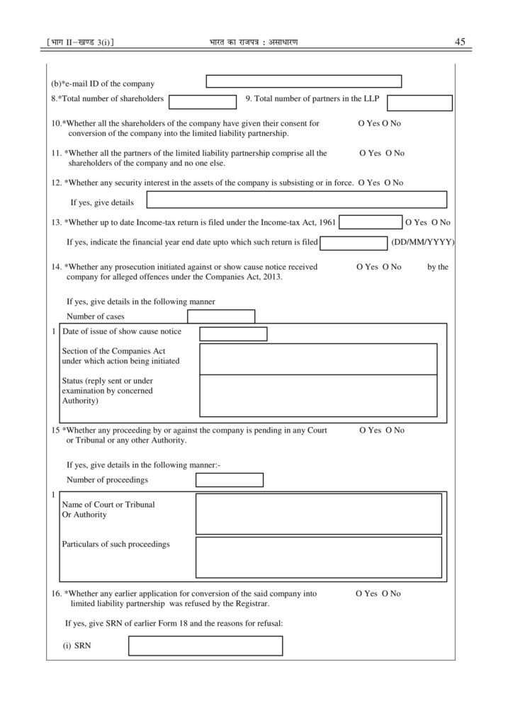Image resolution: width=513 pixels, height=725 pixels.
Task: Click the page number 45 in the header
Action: coord(459,42)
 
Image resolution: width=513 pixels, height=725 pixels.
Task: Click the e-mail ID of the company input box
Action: coord(303,81)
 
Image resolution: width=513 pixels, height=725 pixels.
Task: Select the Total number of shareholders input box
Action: coord(202,102)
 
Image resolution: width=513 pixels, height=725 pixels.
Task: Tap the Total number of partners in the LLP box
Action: coord(419,103)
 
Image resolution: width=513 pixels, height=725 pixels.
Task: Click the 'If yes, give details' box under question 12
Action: coord(296,200)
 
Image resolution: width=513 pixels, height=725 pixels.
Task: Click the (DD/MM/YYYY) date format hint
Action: coord(422,242)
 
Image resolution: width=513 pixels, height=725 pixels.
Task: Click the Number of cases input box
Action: coord(220,316)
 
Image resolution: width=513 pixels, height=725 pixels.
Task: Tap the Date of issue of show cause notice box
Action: coord(233,334)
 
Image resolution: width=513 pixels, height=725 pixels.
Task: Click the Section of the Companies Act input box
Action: coord(318,359)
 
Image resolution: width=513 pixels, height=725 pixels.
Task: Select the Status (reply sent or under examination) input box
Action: coord(318,395)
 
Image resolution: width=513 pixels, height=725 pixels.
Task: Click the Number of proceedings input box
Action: coord(229,480)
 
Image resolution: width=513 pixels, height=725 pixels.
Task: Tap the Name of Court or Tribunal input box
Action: coord(318,514)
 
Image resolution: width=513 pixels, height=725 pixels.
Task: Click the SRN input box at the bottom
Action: coord(205,646)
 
